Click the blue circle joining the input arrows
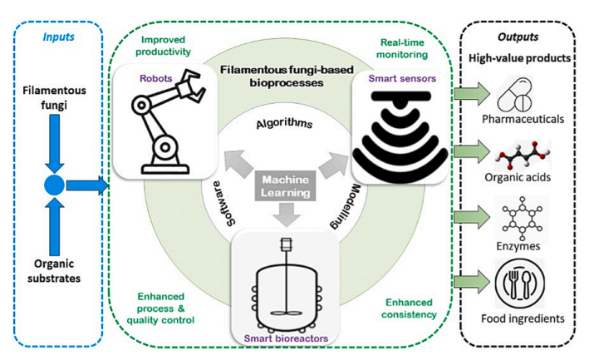click(54, 185)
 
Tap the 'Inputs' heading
click(59, 37)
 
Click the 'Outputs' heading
click(518, 37)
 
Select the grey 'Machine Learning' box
click(286, 186)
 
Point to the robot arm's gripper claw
click(191, 86)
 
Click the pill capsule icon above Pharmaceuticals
click(514, 95)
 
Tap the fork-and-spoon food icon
click(520, 283)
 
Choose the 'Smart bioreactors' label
click(286, 338)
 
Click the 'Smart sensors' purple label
click(402, 78)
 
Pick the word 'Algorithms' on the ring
click(284, 124)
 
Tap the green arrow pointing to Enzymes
click(472, 217)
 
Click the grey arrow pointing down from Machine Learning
click(287, 215)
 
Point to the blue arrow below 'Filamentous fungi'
click(55, 144)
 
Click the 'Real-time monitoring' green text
click(402, 48)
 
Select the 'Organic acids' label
click(518, 177)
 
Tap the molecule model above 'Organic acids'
click(523, 155)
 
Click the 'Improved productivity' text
click(163, 46)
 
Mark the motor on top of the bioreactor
click(287, 245)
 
